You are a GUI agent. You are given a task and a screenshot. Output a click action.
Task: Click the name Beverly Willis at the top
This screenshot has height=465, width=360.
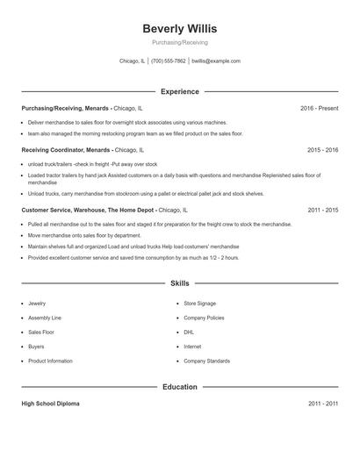[179, 29]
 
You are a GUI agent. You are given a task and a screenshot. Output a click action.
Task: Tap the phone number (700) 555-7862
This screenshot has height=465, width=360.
[169, 61]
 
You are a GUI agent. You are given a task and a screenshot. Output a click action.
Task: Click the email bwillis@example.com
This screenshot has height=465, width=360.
[216, 61]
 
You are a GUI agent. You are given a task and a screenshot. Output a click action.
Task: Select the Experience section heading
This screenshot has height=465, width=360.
[179, 91]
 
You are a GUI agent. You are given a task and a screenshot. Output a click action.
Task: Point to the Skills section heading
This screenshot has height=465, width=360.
[179, 283]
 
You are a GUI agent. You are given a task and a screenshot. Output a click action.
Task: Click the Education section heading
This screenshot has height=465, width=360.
[179, 386]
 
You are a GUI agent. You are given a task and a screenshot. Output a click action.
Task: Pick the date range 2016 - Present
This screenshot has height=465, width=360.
[319, 108]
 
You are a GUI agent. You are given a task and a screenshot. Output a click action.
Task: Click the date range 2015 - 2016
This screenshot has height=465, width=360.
[322, 150]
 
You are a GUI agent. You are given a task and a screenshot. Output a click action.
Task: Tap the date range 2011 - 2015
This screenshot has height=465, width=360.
[322, 211]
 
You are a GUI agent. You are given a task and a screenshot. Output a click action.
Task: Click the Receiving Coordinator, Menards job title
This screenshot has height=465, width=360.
[66, 150]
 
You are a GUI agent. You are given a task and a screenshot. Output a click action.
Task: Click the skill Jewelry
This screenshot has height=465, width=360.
[37, 303]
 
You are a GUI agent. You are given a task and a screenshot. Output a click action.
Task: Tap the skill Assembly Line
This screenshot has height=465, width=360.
[45, 318]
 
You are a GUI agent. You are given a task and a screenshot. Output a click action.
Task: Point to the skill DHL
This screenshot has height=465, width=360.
[189, 333]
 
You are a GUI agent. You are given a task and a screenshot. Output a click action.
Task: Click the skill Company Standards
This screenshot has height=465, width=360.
[206, 361]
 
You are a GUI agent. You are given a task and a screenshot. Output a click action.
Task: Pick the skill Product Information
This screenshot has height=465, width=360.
[50, 361]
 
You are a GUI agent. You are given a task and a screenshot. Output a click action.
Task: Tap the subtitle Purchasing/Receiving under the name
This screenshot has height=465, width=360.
[179, 42]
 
